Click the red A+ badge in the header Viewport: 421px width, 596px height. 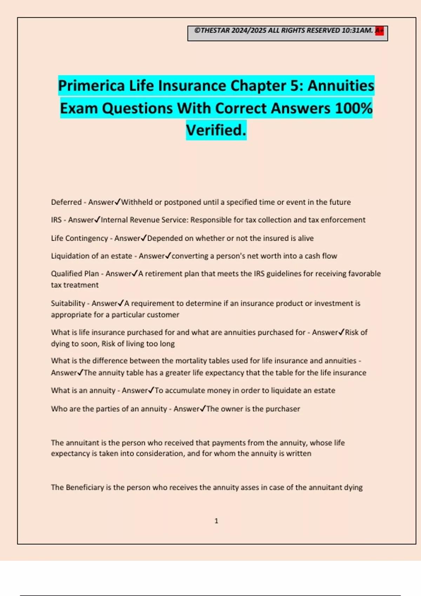point(379,31)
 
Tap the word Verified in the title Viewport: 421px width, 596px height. point(216,130)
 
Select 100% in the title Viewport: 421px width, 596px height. point(354,108)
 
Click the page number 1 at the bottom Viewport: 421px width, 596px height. point(216,521)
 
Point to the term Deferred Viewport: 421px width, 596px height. point(66,202)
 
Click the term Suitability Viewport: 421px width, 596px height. point(68,303)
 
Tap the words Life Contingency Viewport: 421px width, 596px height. point(79,238)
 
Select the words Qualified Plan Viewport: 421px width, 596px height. point(75,274)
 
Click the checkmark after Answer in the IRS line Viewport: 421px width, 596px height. point(98,219)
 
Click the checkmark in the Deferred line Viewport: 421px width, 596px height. point(118,202)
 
